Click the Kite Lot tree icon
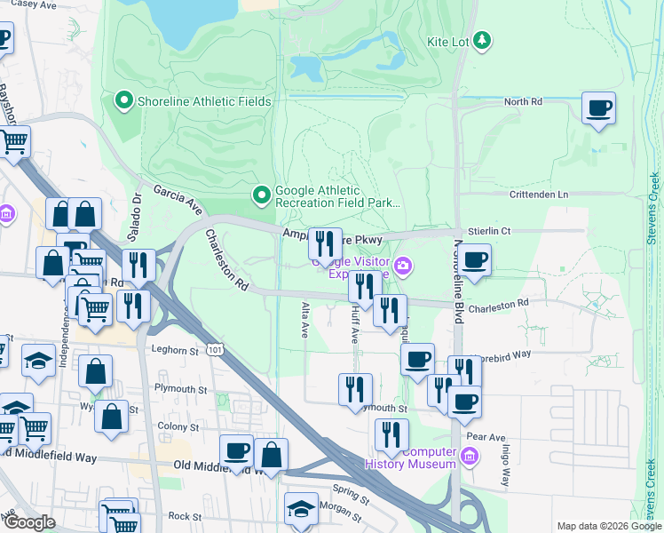click(x=482, y=40)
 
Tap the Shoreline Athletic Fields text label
click(x=204, y=101)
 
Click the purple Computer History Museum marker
click(x=470, y=457)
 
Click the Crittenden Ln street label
click(x=538, y=195)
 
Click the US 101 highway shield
click(x=215, y=351)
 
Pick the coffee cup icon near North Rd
click(x=598, y=109)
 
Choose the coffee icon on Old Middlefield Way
click(x=236, y=451)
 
